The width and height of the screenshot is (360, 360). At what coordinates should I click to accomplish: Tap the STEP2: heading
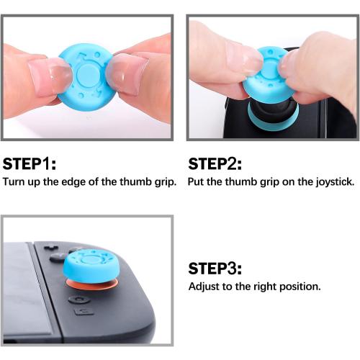click(x=216, y=163)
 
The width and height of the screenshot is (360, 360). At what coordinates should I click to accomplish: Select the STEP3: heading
click(x=216, y=269)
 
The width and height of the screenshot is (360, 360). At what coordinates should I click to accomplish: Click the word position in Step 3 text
click(x=299, y=287)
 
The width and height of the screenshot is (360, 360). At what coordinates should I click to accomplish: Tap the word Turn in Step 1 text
click(x=14, y=181)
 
